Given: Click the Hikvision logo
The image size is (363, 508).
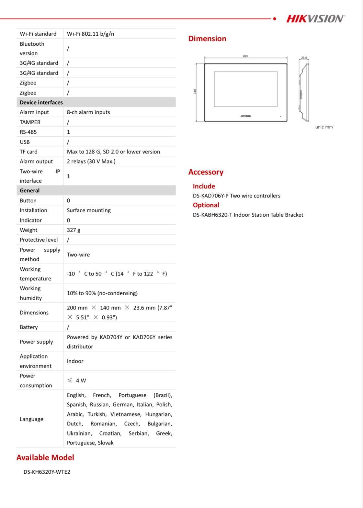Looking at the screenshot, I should tap(315, 19).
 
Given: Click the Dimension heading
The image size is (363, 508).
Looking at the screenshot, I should tap(207, 39).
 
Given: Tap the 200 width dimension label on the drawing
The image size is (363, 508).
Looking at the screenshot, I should tap(245, 56).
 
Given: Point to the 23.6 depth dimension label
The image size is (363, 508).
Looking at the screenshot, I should tap(304, 58).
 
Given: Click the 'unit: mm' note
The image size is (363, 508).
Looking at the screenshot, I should tap(324, 127).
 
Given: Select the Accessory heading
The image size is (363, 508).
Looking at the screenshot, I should tap(206, 172).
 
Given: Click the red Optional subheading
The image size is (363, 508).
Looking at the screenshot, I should tap(206, 205).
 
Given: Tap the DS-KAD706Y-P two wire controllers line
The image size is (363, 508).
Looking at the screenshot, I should tap(236, 196).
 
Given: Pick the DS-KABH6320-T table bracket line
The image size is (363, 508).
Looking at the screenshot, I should tap(248, 215).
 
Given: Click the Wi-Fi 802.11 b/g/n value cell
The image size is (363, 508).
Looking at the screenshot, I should tap(90, 34).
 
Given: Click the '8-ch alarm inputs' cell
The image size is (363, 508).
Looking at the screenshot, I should tap(88, 112).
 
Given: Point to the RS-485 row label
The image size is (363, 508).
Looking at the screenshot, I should tap(28, 132).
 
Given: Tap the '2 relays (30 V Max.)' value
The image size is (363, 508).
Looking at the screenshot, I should tap(91, 161).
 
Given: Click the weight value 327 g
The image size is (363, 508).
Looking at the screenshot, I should tap(74, 230).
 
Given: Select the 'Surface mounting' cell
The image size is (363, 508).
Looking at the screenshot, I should tap(89, 210).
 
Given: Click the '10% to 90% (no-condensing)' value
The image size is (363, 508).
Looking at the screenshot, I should tap(102, 293).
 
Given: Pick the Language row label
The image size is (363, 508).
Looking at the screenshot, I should tap(31, 419).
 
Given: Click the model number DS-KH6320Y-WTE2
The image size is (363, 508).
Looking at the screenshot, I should tap(47, 472).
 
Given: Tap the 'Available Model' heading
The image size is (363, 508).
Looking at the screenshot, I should tap(45, 457).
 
